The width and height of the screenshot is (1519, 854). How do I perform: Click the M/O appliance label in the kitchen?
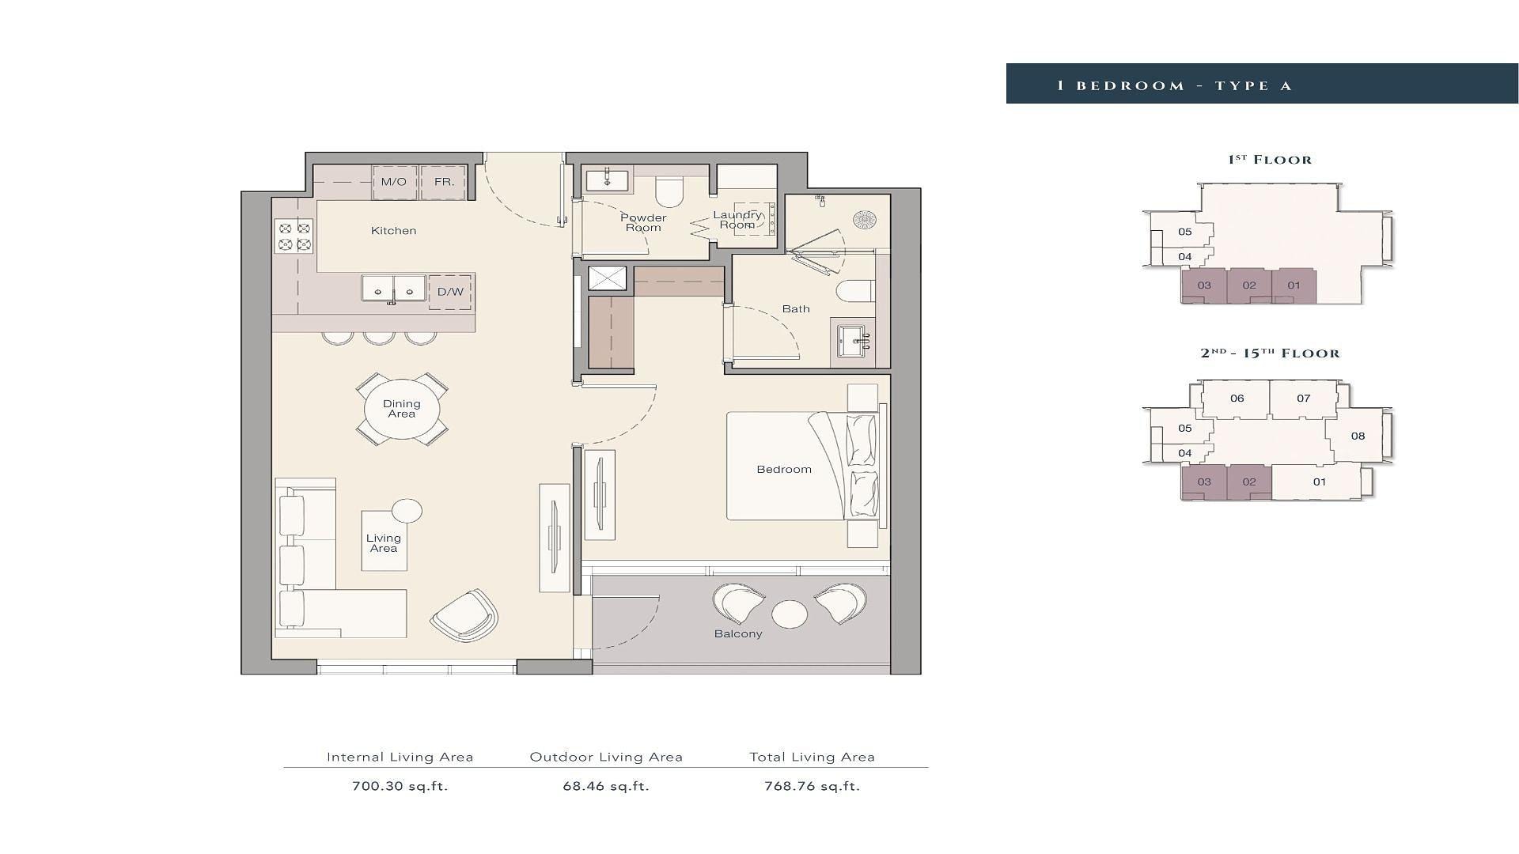point(393,182)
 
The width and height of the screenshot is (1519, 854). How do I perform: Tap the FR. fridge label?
point(445,182)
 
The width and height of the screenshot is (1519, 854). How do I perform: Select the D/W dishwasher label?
point(450,292)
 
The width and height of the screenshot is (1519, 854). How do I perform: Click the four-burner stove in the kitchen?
point(294,236)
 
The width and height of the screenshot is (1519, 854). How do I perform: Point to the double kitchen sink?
point(393,289)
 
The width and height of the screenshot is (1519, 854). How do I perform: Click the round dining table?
point(402,409)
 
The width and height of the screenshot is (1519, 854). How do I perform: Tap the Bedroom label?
point(784,469)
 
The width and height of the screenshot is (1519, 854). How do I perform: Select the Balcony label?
point(738,633)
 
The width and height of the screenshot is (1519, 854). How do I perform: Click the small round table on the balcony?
point(790,614)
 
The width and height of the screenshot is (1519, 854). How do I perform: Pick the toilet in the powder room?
point(669,191)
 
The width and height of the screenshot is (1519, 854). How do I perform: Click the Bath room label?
point(796,308)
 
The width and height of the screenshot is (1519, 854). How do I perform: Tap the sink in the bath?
point(852,342)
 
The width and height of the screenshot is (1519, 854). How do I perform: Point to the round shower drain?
point(865,220)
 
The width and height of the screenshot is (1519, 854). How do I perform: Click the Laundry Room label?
point(737,220)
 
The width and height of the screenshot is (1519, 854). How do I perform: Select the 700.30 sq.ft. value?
point(400,786)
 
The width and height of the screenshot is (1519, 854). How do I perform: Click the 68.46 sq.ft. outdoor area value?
point(606,786)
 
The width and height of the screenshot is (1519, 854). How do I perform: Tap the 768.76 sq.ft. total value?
point(813,786)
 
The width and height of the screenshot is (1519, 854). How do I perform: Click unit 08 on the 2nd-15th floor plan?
point(1358,436)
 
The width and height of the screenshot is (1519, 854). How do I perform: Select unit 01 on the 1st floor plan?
point(1294,285)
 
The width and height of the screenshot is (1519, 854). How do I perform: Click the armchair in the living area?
point(464,614)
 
